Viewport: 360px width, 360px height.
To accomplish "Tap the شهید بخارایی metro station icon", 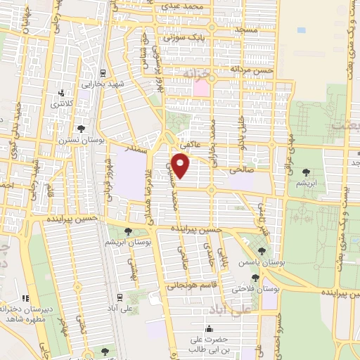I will tap(103, 72).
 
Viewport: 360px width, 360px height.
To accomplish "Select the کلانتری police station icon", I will tap(62, 92).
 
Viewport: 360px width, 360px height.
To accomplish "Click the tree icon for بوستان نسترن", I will tap(82, 129).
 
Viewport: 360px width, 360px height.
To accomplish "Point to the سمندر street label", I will tap(136, 150).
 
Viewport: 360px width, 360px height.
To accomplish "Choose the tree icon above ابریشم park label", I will tap(305, 171).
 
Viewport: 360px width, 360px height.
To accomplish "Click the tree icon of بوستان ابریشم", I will tap(128, 231).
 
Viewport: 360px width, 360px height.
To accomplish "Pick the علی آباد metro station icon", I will tap(120, 297).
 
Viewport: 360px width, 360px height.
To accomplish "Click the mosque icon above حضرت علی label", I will tap(208, 328).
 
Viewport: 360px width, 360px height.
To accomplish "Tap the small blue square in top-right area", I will tap(302, 30).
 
